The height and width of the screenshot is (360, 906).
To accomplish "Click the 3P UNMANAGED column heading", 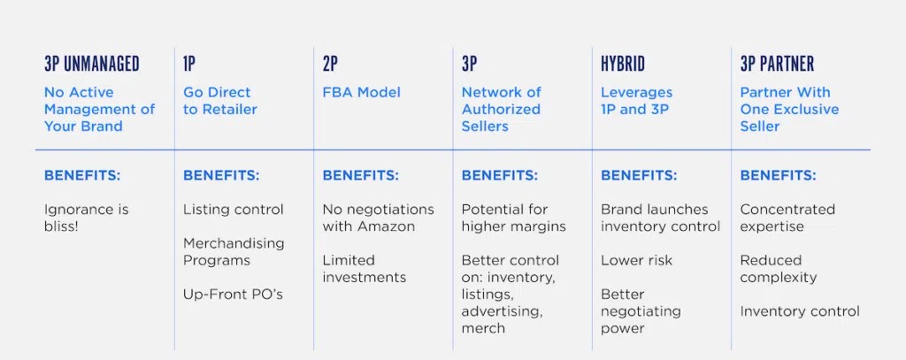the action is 92,64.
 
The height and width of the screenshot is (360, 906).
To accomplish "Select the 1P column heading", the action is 189,64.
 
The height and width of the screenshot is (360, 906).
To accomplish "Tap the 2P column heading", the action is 329,64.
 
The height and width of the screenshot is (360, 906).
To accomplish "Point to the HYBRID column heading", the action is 623,64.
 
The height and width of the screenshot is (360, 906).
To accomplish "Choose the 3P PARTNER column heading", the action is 777,64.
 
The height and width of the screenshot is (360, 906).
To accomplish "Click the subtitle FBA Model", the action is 361,93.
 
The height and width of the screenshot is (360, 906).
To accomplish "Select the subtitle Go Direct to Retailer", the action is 220,101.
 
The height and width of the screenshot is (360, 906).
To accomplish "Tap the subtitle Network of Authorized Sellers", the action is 501,109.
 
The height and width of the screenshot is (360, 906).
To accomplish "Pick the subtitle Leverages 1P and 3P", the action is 637,101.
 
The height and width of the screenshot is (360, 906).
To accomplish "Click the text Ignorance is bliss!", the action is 86,218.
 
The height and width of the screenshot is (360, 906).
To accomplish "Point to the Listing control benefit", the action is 234,209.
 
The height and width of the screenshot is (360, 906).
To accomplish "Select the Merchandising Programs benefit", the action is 234,251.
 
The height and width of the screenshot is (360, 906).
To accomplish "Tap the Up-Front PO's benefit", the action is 233,295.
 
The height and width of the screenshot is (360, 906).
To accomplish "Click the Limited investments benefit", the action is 364,269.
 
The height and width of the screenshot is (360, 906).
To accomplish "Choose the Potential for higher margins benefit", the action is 514,218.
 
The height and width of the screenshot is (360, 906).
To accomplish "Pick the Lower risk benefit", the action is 637,260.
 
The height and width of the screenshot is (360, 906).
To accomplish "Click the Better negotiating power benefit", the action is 641,310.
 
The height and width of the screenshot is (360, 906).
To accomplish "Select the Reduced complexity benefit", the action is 779,269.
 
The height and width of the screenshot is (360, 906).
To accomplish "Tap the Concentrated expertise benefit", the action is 787,218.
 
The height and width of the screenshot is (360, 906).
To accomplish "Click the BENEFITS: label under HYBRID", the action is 639,175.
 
